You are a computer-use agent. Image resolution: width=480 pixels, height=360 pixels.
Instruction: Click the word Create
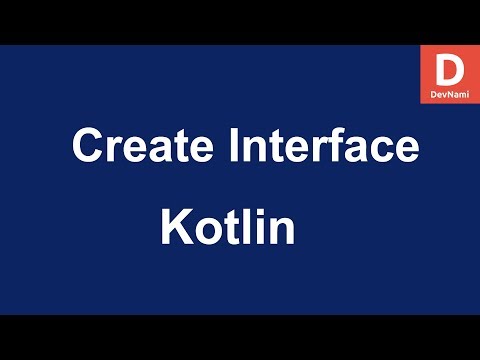point(141,147)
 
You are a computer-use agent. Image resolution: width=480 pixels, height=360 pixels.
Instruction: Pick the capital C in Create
point(88,147)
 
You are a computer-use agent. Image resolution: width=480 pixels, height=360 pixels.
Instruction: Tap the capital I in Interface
point(236,147)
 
